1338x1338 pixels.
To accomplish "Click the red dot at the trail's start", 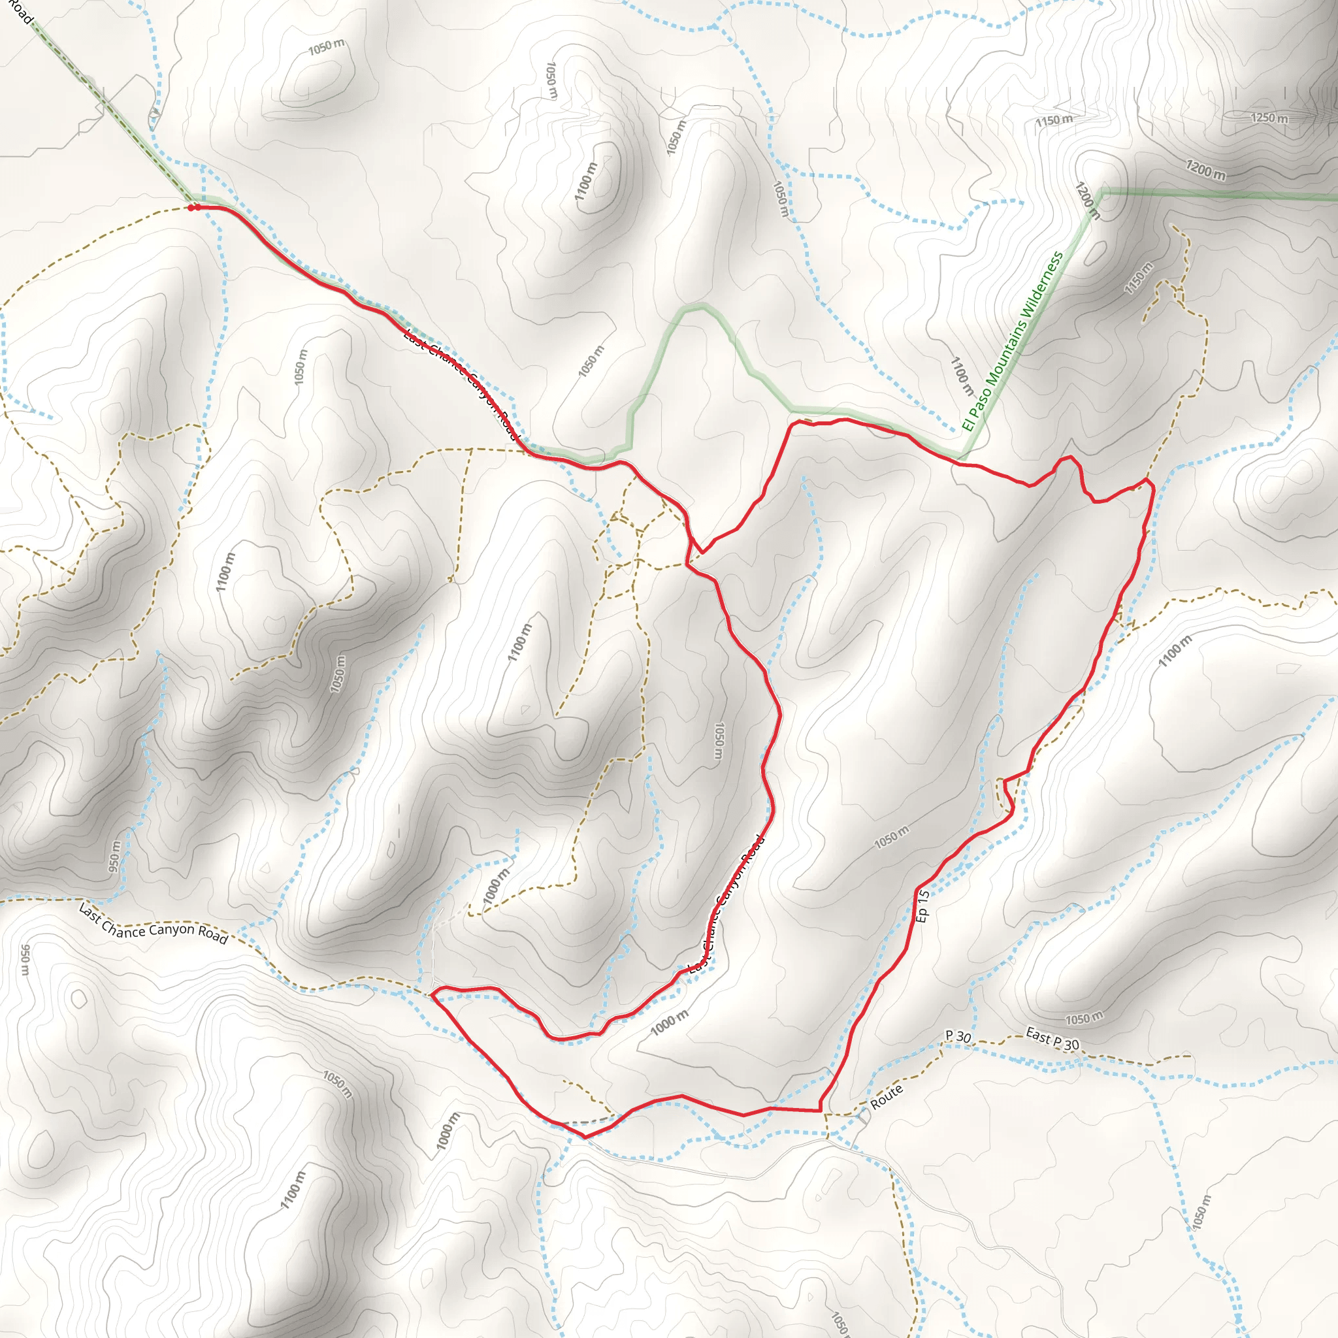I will click(x=192, y=207).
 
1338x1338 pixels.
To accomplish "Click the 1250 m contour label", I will click(x=1269, y=118).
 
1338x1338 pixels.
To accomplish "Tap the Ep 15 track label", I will click(x=922, y=906).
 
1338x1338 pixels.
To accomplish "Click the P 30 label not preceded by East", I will click(x=958, y=1036).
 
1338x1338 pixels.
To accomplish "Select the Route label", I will click(x=887, y=1096).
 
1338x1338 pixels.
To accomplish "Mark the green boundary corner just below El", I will click(x=961, y=458).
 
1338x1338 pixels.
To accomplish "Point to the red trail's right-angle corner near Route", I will click(x=821, y=1111).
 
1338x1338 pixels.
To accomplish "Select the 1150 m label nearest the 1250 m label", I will click(x=1054, y=120).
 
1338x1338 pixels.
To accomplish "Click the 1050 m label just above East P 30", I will click(x=1084, y=1018).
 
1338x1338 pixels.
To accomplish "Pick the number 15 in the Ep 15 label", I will click(x=922, y=897).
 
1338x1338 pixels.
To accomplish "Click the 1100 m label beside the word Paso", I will click(x=961, y=377).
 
